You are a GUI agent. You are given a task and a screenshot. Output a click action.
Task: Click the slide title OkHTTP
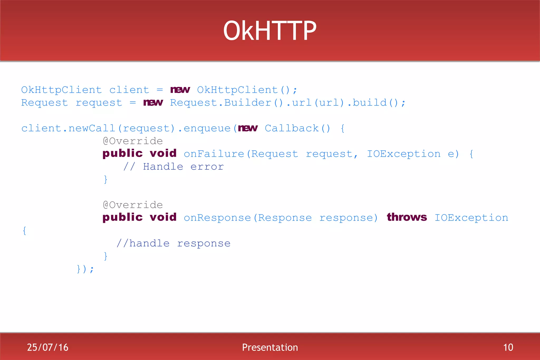[x=270, y=31]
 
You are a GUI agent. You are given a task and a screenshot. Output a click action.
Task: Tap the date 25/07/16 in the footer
[x=47, y=347]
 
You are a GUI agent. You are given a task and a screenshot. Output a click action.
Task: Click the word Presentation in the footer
[x=270, y=347]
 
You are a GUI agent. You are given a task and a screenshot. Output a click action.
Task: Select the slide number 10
[x=508, y=347]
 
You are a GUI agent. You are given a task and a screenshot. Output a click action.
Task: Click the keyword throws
[x=407, y=217]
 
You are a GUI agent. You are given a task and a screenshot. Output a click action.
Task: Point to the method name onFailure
[x=214, y=154]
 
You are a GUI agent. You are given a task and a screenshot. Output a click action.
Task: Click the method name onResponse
[x=217, y=218]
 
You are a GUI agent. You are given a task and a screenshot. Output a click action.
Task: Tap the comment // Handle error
[x=173, y=167]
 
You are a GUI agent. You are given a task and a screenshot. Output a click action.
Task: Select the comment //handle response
[x=173, y=243]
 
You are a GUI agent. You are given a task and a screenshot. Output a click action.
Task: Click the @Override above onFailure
[x=133, y=141]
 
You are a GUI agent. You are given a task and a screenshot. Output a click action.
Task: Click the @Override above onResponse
[x=133, y=205]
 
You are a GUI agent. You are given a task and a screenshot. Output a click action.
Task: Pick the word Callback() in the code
[x=297, y=128]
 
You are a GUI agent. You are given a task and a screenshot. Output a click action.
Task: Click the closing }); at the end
[x=85, y=269]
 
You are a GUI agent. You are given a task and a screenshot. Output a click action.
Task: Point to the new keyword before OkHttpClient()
[x=180, y=90]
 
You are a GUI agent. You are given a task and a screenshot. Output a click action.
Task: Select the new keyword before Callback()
[x=248, y=128]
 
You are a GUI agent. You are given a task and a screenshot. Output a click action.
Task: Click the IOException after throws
[x=471, y=218]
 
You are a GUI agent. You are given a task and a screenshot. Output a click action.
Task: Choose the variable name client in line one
[x=129, y=90]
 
